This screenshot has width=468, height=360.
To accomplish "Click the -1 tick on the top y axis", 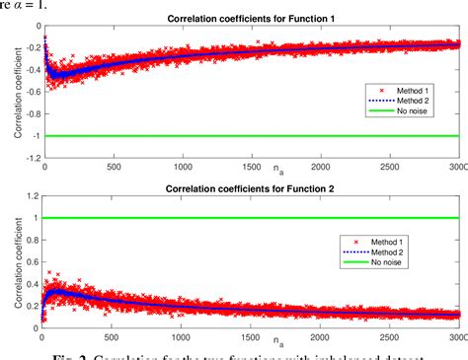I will (34, 136).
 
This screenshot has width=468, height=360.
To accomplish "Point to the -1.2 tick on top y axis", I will (30, 159).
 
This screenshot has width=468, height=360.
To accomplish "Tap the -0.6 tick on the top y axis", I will (30, 91).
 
